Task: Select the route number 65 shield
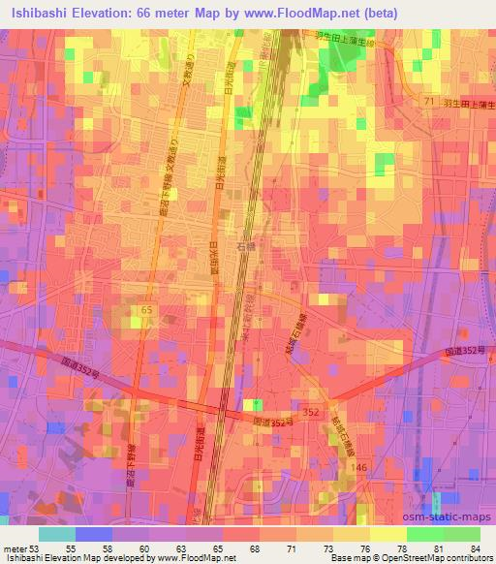[x=146, y=309]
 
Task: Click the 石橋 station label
[x=247, y=247]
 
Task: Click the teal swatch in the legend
[x=57, y=533]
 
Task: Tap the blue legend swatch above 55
[x=94, y=533]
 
